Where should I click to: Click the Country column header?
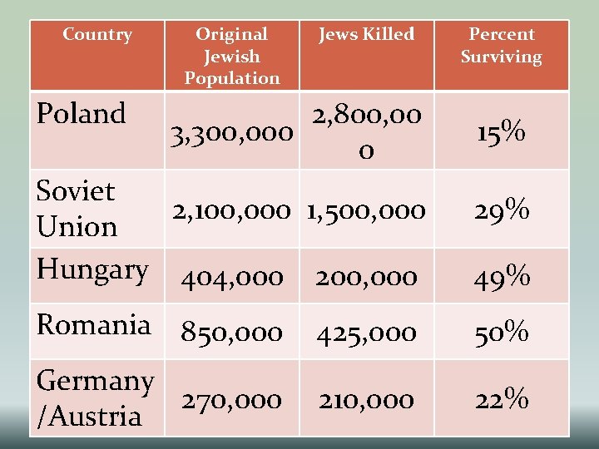coord(97,35)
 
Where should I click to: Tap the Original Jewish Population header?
coord(231,57)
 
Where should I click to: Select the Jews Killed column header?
coord(366,35)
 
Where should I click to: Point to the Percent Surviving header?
coord(502,46)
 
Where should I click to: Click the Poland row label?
coord(82,113)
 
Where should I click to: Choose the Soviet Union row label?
coord(77,209)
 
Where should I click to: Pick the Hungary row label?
coord(92,269)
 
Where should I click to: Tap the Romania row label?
coord(94,324)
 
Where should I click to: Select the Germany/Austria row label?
coord(96,399)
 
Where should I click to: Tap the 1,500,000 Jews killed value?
coord(366,211)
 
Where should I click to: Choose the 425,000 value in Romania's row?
coord(366,333)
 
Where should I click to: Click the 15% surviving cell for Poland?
coord(502,132)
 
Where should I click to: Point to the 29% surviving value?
coord(502,211)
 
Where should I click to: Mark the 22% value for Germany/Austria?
coord(502,400)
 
